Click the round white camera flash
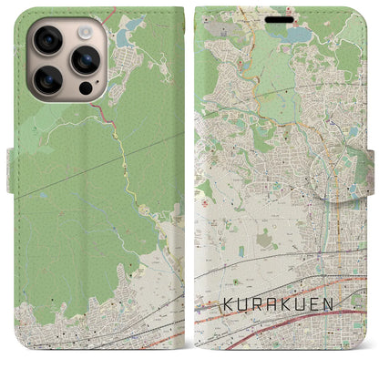click(x=84, y=32)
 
